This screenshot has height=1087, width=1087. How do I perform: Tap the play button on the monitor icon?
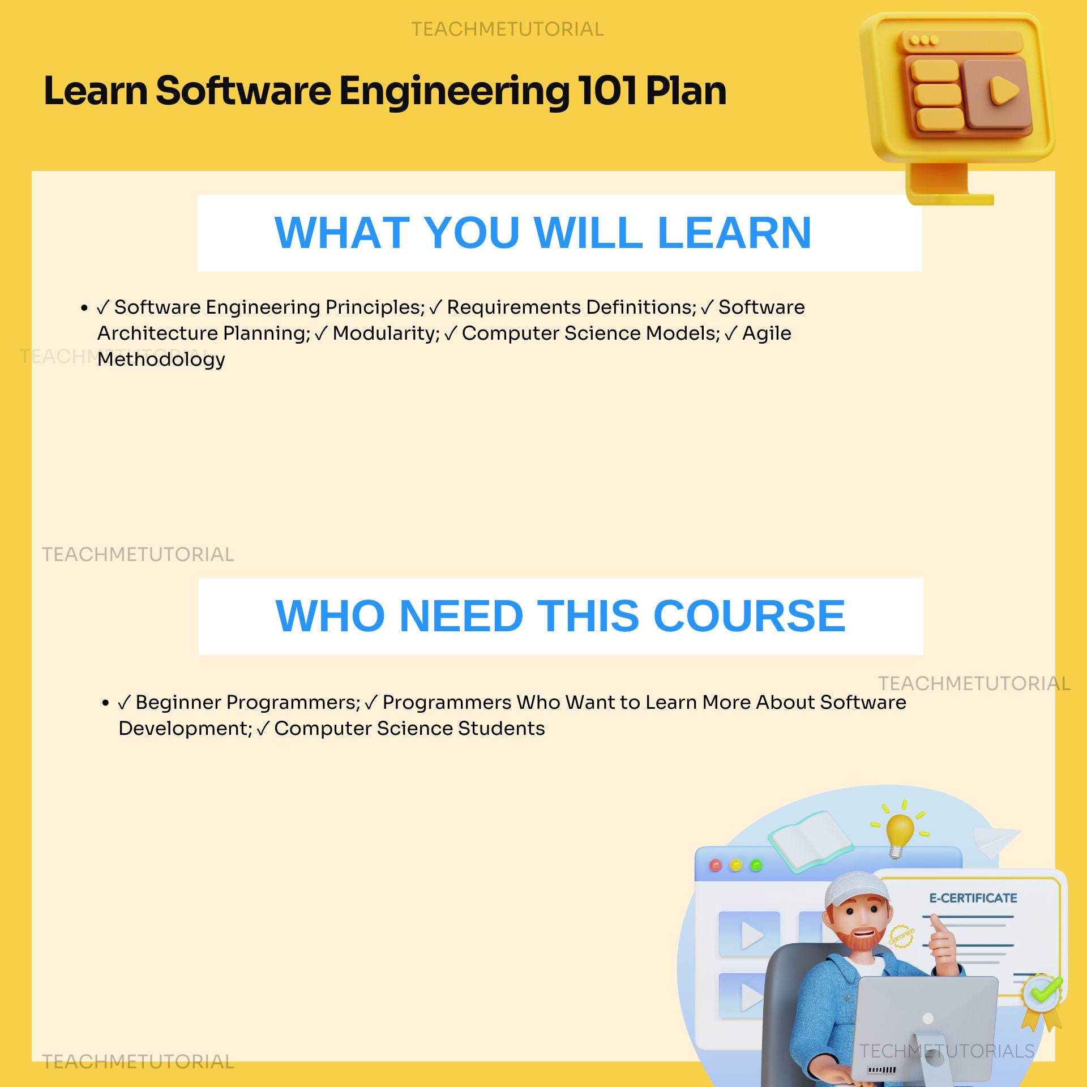1003,91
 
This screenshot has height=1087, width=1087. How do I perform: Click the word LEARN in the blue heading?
734,233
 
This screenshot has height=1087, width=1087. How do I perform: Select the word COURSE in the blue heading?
749,616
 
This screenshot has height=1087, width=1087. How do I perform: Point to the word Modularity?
386,333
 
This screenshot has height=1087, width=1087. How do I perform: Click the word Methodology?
161,360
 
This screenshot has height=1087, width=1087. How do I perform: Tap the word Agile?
767,333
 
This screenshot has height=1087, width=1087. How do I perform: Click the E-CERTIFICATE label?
973,898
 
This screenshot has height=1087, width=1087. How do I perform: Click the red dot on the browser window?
716,866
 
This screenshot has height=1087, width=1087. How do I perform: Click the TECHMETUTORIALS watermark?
947,1051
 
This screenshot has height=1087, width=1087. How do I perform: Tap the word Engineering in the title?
454,91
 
